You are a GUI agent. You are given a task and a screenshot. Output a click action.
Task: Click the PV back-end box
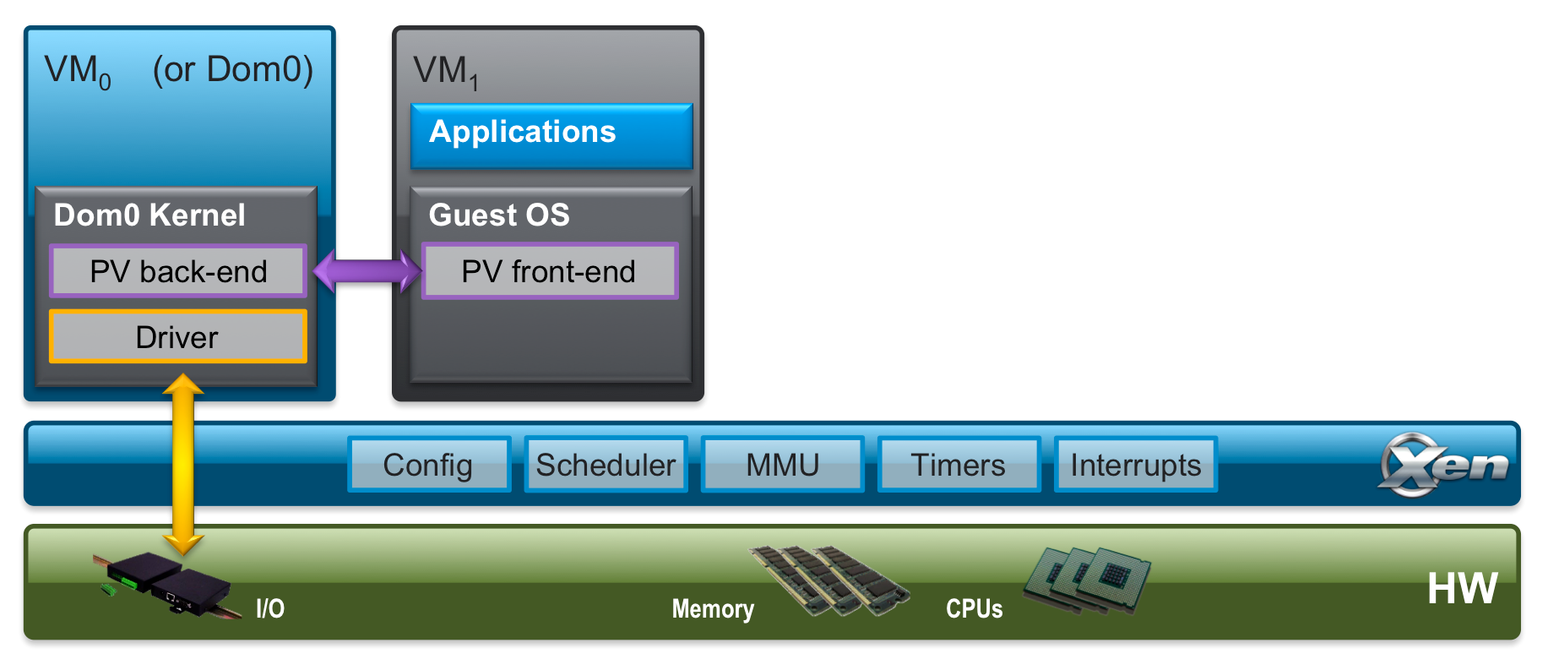[178, 271]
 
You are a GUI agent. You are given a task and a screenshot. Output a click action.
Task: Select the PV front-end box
[549, 271]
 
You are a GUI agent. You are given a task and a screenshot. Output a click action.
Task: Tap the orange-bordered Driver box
[177, 337]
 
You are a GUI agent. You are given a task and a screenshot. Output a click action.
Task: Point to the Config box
[428, 465]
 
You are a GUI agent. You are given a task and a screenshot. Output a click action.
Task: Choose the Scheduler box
[606, 465]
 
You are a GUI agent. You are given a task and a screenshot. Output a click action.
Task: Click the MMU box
[782, 465]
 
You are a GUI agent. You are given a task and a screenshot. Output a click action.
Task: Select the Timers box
[959, 465]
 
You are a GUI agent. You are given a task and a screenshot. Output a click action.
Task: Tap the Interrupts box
[1135, 465]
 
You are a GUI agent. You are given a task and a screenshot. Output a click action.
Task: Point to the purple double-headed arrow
[367, 271]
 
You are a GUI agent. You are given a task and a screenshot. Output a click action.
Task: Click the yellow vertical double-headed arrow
[183, 465]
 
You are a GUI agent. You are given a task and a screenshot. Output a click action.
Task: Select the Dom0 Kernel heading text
[149, 215]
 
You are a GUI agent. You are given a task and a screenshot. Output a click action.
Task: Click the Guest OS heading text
[499, 215]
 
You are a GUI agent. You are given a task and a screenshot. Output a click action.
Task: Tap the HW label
[1462, 589]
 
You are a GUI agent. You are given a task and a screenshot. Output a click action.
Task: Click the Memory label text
[713, 609]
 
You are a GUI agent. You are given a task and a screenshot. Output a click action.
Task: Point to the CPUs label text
[974, 609]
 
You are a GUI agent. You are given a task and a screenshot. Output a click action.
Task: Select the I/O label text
[270, 608]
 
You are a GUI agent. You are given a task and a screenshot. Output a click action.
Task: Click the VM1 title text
[446, 72]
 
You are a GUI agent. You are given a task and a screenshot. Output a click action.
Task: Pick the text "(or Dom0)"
[232, 69]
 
